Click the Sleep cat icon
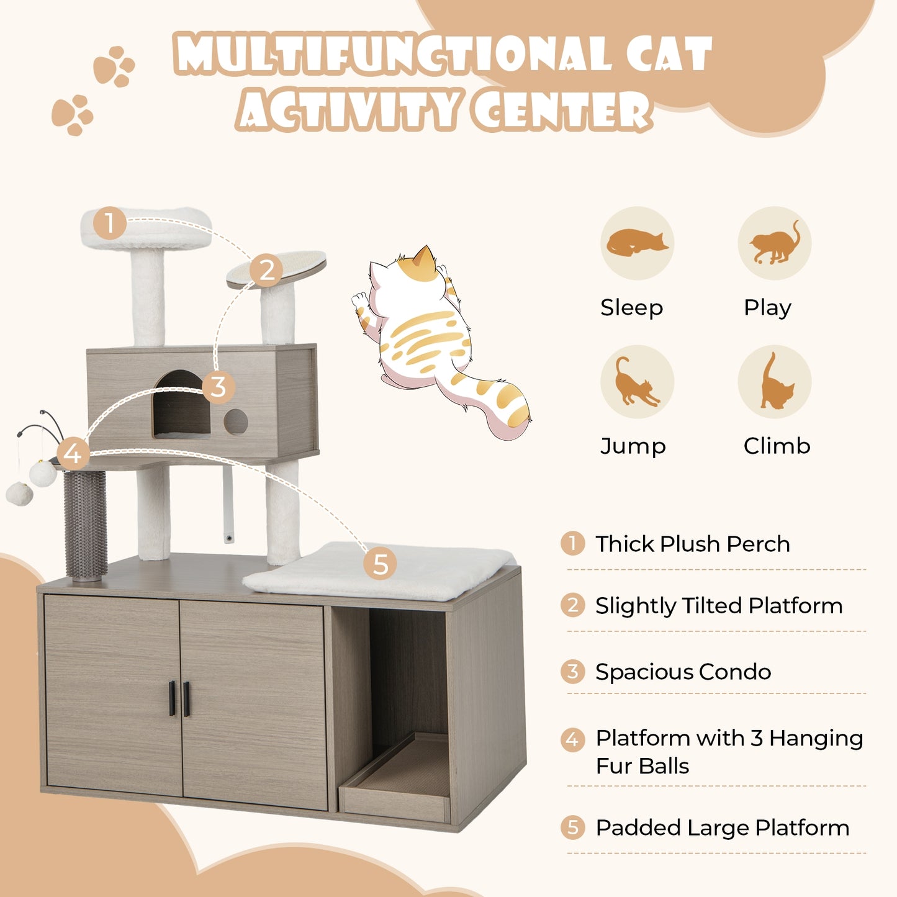coord(637,243)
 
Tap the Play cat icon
coord(774,243)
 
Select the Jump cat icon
coord(637,382)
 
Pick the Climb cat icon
coord(774,382)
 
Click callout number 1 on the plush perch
coord(110,223)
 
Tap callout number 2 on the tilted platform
coord(267,271)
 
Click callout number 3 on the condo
coord(218,387)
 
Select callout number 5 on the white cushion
coord(380,564)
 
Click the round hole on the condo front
coord(236,422)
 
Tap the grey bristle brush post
coord(85,525)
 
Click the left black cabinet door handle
coord(172,698)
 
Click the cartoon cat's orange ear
coord(425,258)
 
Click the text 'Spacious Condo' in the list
coord(683,672)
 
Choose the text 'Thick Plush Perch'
coord(692,544)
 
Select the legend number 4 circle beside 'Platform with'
coord(572,739)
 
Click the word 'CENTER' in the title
coord(562,112)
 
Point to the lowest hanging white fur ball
coord(19,494)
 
